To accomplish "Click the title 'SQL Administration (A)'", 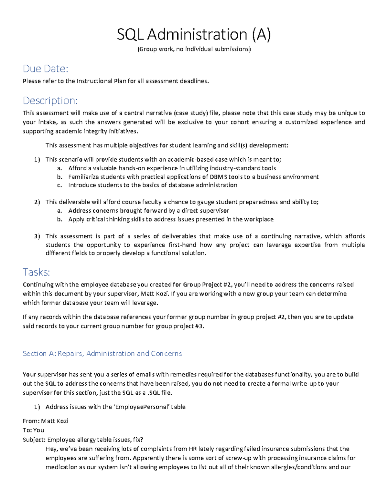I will [194, 35].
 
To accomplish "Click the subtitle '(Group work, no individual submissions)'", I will [194, 49].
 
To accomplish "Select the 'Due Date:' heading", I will [45, 69].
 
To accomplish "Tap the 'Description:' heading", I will [50, 101].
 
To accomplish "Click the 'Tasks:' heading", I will [36, 272].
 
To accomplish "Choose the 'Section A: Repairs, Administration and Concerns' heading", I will [102, 354].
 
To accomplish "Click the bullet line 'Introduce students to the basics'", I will [153, 185].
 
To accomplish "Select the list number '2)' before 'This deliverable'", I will [37, 202].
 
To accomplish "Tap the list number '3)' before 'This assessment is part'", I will [37, 236].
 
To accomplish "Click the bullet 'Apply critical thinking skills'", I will [171, 219].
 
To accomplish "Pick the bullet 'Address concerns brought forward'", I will [148, 211].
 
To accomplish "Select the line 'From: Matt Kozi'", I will [45, 421].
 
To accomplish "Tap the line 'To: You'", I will [33, 430].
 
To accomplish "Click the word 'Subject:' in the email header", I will [34, 440].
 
